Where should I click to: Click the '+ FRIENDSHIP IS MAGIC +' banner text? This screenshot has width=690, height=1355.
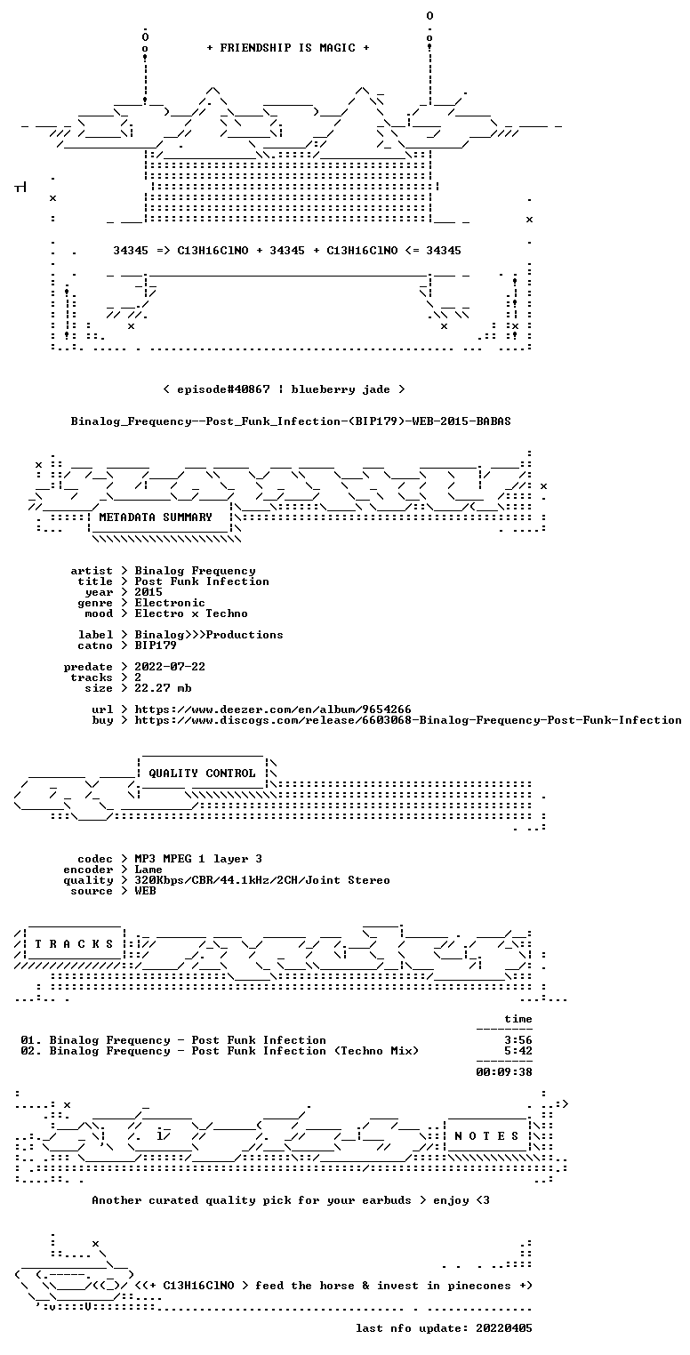[x=288, y=48]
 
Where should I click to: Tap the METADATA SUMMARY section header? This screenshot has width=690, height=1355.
[x=156, y=517]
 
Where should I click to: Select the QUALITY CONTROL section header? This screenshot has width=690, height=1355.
[x=202, y=773]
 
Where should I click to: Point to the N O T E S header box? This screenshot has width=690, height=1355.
[x=486, y=1135]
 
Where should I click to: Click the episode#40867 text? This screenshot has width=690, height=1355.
[x=223, y=389]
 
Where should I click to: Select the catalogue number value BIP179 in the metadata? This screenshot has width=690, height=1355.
[x=156, y=645]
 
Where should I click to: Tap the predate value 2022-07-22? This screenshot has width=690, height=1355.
[x=170, y=667]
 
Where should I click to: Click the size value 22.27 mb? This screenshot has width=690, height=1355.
[x=163, y=688]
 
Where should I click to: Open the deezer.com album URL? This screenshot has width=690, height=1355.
[x=273, y=709]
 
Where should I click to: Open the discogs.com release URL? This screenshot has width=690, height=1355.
[x=408, y=720]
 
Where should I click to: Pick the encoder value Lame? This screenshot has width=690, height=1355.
[x=148, y=870]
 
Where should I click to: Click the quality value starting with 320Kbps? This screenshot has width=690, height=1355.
[x=261, y=880]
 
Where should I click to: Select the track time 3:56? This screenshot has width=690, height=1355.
[x=518, y=1040]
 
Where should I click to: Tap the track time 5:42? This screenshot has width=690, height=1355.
[x=518, y=1051]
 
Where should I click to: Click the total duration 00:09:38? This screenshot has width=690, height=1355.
[x=504, y=1072]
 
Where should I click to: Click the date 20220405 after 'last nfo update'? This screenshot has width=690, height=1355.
[x=504, y=1327]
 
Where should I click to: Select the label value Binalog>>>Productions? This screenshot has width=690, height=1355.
[x=209, y=635]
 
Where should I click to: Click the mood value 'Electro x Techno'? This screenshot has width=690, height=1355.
[x=191, y=613]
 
